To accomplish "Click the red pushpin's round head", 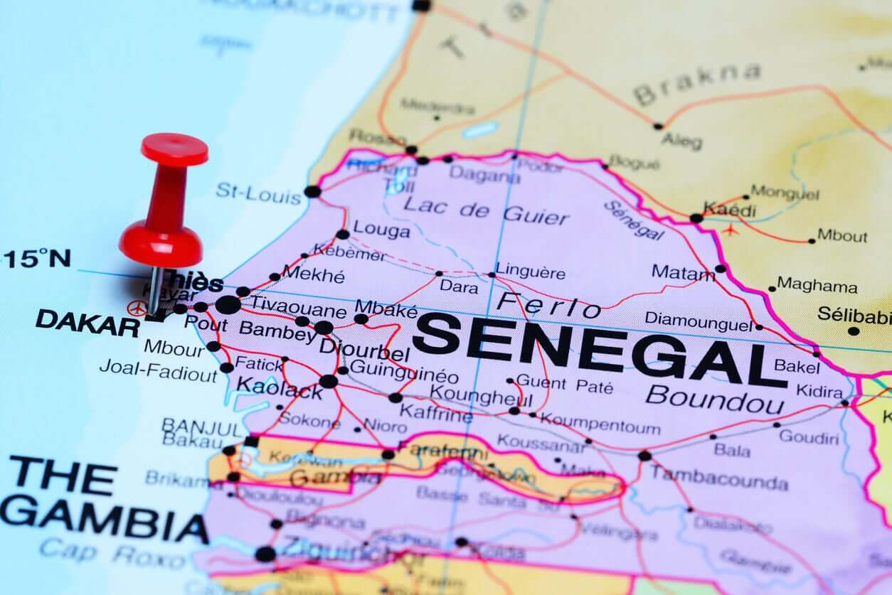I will (x=175, y=149).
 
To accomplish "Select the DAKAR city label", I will (x=87, y=323).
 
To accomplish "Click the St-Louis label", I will (x=259, y=193).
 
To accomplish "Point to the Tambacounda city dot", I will (x=644, y=456).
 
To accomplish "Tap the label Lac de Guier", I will (x=487, y=210).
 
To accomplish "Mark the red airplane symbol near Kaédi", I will (x=729, y=230).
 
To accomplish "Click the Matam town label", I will (x=683, y=272).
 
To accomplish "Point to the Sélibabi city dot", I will (x=854, y=331).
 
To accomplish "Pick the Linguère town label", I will (x=531, y=272).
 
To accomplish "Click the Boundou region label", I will (x=715, y=399).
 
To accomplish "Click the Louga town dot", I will (x=343, y=234).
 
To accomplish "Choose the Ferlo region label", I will (x=548, y=306).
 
